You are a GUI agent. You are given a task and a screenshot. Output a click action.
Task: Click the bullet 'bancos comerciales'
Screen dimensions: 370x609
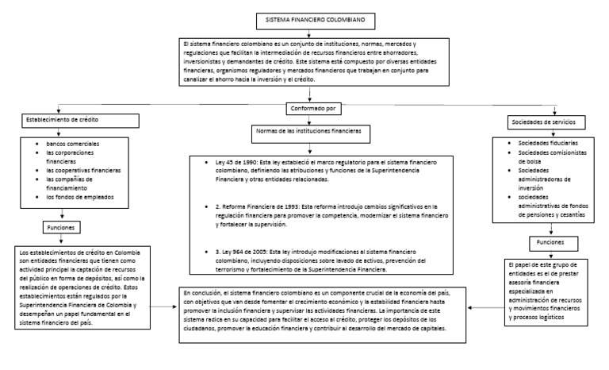(74, 144)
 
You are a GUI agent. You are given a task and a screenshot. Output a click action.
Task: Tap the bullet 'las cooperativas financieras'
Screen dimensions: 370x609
(82, 170)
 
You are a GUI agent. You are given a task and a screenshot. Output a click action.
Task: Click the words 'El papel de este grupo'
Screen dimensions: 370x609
(539, 263)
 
